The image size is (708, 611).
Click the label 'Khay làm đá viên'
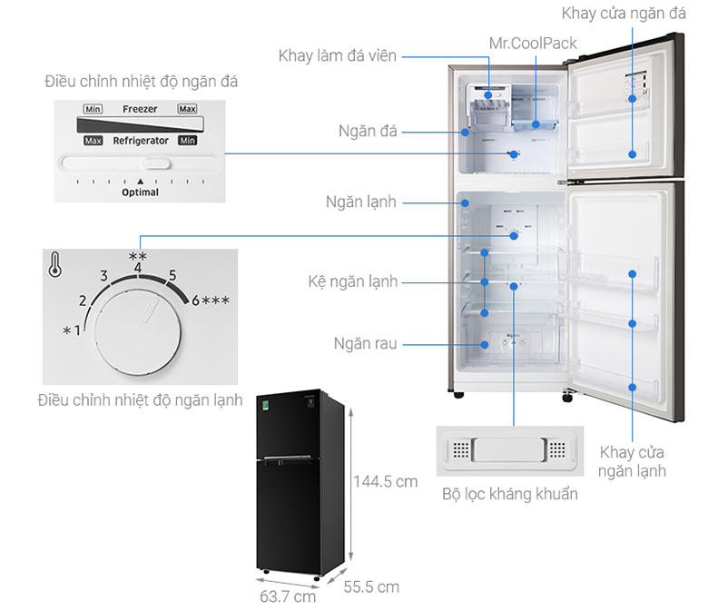(337, 56)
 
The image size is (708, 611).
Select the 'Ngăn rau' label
(364, 344)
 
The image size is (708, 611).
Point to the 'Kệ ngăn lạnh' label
(353, 281)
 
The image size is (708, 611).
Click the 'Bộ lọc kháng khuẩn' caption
(510, 494)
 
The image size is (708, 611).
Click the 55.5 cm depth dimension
(371, 586)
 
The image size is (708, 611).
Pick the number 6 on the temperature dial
(194, 301)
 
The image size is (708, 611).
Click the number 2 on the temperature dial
(83, 301)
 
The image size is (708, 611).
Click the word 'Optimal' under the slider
(141, 192)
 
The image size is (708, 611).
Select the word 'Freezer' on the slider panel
(140, 109)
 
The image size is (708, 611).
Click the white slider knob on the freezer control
(156, 164)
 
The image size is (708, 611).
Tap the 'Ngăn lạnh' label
(361, 202)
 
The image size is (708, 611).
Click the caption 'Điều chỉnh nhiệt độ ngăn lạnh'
(140, 400)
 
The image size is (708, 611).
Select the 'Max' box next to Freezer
(187, 109)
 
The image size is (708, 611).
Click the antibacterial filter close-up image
(510, 450)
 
